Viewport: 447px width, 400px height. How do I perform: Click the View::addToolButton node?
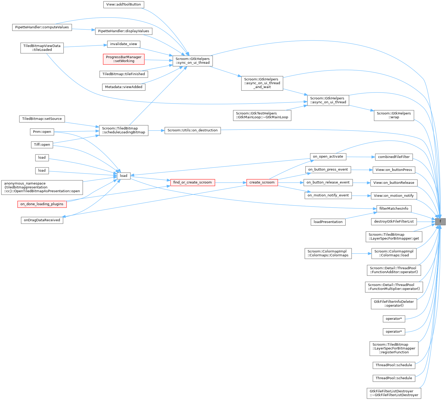coord(124,4)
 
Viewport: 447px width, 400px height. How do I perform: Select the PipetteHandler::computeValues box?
coord(42,27)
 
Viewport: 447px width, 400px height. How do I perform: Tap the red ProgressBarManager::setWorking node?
coord(124,59)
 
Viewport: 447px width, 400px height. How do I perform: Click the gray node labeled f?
coord(440,221)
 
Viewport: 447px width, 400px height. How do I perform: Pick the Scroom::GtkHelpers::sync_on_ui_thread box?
coord(192,61)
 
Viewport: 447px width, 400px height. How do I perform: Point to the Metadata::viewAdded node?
coord(124,87)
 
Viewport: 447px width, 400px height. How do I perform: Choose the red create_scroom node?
coord(262,182)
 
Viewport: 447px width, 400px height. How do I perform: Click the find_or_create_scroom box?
coord(192,182)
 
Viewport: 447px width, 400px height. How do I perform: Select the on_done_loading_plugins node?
coord(42,204)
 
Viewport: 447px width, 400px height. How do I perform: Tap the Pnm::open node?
coord(42,132)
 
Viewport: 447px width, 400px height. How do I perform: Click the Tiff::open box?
coord(42,145)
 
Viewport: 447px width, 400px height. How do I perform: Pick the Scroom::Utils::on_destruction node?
coord(192,130)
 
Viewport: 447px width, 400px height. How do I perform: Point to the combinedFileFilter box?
coord(394,157)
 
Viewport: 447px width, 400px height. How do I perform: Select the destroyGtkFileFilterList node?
coord(394,221)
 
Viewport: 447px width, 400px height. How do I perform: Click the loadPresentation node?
coord(328,222)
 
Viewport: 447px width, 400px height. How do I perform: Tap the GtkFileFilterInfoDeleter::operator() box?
coord(394,304)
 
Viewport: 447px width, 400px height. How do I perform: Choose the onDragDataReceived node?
coord(42,220)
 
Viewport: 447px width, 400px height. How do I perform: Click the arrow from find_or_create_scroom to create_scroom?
coord(230,182)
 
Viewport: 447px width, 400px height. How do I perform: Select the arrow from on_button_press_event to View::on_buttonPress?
coord(362,170)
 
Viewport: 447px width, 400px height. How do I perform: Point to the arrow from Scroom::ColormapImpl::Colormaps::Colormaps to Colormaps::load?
coord(361,253)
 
